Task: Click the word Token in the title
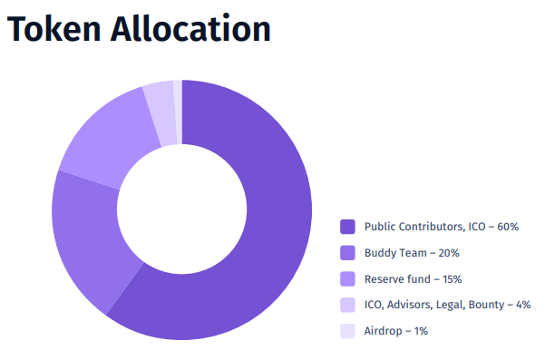pyautogui.click(x=54, y=29)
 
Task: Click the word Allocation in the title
pyautogui.click(x=190, y=28)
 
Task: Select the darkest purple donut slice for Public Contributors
pyautogui.click(x=269, y=227)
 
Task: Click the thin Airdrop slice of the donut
pyautogui.click(x=178, y=112)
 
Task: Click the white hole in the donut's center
pyautogui.click(x=182, y=209)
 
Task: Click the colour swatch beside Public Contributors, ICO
pyautogui.click(x=347, y=227)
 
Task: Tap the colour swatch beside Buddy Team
pyautogui.click(x=347, y=253)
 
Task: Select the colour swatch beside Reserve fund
pyautogui.click(x=347, y=279)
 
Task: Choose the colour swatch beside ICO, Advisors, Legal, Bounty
pyautogui.click(x=347, y=305)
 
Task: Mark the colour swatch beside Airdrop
pyautogui.click(x=347, y=331)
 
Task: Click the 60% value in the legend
pyautogui.click(x=508, y=227)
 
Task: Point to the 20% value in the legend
pyautogui.click(x=449, y=253)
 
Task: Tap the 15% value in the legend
pyautogui.click(x=452, y=279)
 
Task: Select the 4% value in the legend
pyautogui.click(x=523, y=305)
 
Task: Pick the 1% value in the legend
pyautogui.click(x=421, y=331)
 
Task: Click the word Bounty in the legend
pyautogui.click(x=486, y=305)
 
